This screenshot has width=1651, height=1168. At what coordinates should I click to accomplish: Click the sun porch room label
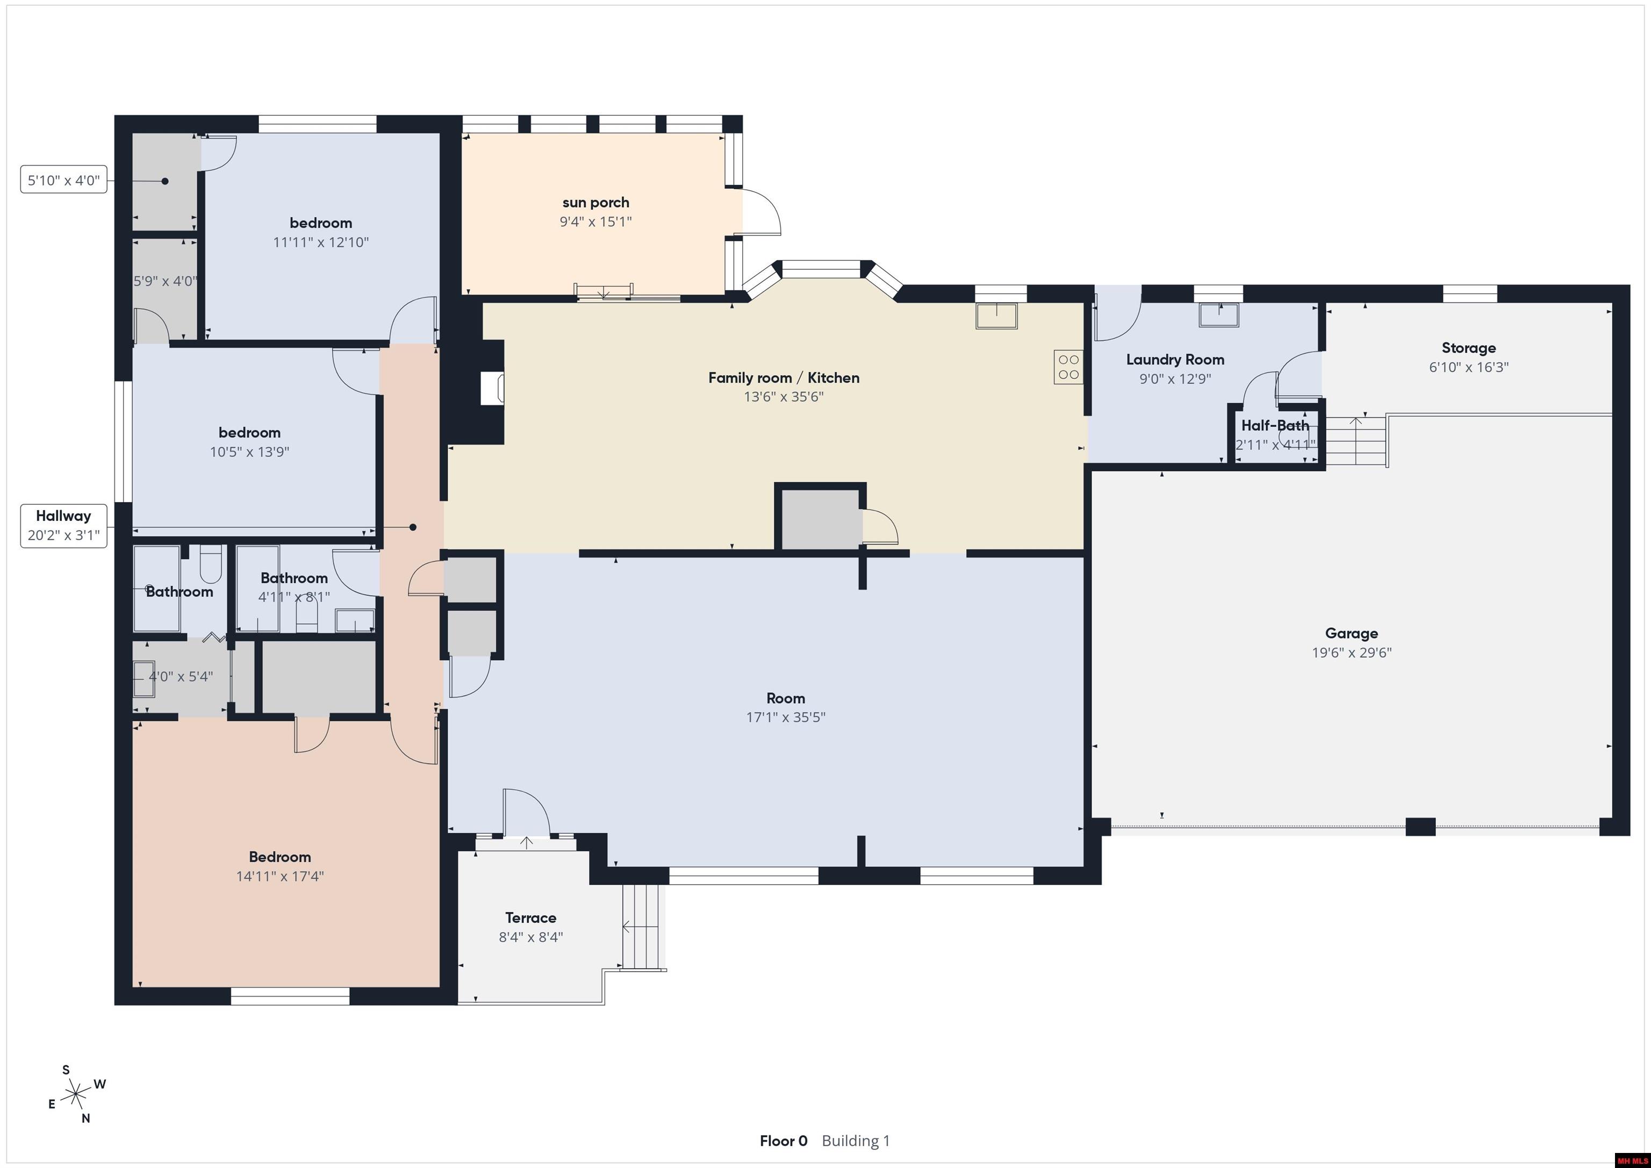click(x=595, y=203)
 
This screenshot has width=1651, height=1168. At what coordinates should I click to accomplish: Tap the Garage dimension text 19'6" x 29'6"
click(x=1352, y=653)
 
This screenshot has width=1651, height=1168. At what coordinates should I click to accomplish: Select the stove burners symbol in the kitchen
click(x=1068, y=367)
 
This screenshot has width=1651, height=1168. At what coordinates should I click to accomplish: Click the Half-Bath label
click(x=1275, y=426)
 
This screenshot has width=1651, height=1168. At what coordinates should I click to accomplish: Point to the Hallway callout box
click(x=64, y=526)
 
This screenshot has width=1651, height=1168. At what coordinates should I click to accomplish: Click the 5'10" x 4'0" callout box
click(x=64, y=180)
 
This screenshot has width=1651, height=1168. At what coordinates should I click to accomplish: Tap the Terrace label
click(x=530, y=918)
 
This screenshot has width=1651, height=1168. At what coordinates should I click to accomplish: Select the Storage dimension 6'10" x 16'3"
click(x=1468, y=367)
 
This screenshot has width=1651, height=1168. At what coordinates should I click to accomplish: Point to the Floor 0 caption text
click(x=783, y=1141)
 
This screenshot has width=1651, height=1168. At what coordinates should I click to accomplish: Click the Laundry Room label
click(x=1175, y=360)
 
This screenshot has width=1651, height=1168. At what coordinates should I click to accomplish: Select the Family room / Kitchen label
click(x=784, y=377)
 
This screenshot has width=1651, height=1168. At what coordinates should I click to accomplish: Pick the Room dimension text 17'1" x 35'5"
click(x=785, y=717)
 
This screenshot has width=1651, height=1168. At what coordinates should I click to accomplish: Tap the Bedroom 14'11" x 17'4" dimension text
click(x=279, y=876)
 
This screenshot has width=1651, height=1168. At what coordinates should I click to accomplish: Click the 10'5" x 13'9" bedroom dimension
click(x=249, y=452)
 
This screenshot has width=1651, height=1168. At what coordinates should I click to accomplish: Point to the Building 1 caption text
click(x=856, y=1141)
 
